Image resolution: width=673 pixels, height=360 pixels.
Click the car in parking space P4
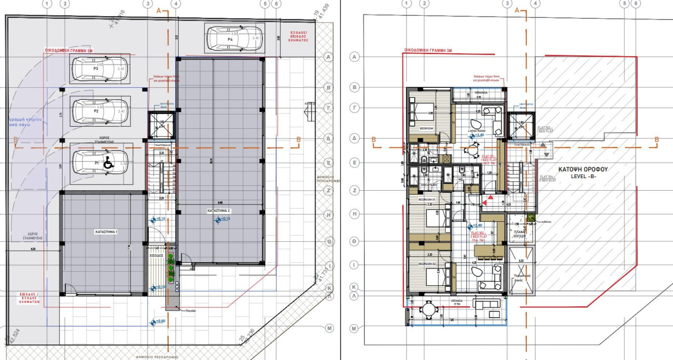click(x=233, y=38)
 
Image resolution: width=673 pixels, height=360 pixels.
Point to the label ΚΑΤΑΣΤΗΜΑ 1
click(x=106, y=232)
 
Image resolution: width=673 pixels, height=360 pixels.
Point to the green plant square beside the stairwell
click(x=531, y=217)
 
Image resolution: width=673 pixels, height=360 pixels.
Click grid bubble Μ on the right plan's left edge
click(x=354, y=328)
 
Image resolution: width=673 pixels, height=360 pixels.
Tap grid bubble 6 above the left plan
click(x=277, y=4)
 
